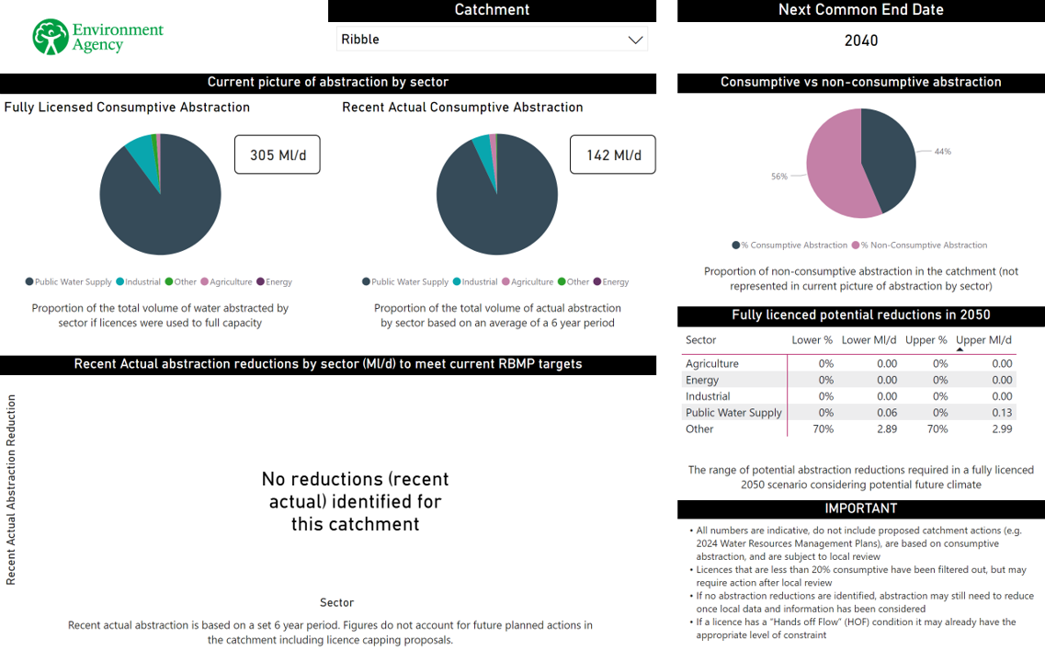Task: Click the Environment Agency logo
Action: [97, 37]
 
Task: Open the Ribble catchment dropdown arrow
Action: [634, 40]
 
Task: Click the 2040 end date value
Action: [860, 40]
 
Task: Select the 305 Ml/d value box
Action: [277, 155]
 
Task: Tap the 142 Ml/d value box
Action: [613, 155]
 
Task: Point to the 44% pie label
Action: [942, 152]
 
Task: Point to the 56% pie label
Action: [779, 177]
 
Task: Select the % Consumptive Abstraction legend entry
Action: [789, 245]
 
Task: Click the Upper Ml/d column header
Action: [983, 340]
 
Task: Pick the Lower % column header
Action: [812, 340]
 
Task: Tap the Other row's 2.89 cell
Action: [886, 429]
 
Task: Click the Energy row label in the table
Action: [702, 380]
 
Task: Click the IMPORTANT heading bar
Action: [860, 508]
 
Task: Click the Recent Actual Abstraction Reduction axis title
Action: [12, 489]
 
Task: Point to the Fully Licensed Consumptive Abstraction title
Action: [127, 108]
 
